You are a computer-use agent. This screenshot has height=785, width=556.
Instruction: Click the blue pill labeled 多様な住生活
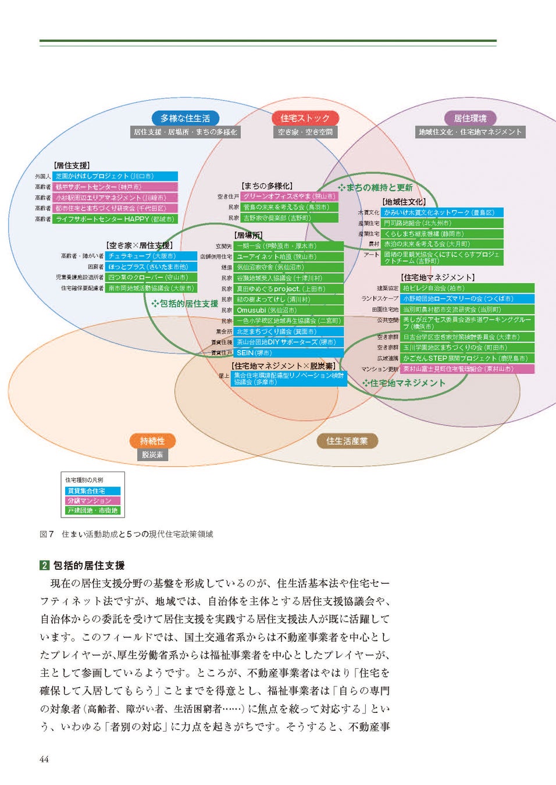pyautogui.click(x=185, y=118)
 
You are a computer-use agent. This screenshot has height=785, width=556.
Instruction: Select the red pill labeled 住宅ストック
pyautogui.click(x=305, y=118)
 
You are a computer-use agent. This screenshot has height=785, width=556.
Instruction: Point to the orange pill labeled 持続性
pyautogui.click(x=152, y=441)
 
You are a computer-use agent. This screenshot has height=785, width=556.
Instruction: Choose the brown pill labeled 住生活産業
pyautogui.click(x=347, y=441)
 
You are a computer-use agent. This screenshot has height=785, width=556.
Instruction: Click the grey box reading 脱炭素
pyautogui.click(x=152, y=455)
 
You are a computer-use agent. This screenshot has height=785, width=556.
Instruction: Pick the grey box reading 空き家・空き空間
pyautogui.click(x=305, y=132)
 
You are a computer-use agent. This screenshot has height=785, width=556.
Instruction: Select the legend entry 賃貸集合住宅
pyautogui.click(x=92, y=491)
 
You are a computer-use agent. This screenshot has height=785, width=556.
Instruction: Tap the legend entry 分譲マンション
pyautogui.click(x=92, y=501)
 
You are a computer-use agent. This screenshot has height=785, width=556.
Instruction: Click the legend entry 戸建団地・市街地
pyautogui.click(x=92, y=511)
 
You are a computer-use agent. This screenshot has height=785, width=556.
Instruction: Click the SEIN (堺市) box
pyautogui.click(x=288, y=353)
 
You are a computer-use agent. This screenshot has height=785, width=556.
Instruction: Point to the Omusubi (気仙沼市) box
pyautogui.click(x=288, y=310)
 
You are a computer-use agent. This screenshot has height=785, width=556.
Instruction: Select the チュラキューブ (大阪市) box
pyautogui.click(x=151, y=256)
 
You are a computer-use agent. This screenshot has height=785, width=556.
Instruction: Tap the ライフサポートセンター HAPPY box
pyautogui.click(x=115, y=219)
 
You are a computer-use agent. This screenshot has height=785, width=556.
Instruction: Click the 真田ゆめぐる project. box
pyautogui.click(x=288, y=288)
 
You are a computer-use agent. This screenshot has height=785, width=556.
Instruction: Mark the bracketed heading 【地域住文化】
pyautogui.click(x=404, y=202)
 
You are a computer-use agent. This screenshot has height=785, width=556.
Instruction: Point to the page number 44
pyautogui.click(x=44, y=759)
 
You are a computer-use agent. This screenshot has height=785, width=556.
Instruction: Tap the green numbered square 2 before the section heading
pyautogui.click(x=44, y=565)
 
